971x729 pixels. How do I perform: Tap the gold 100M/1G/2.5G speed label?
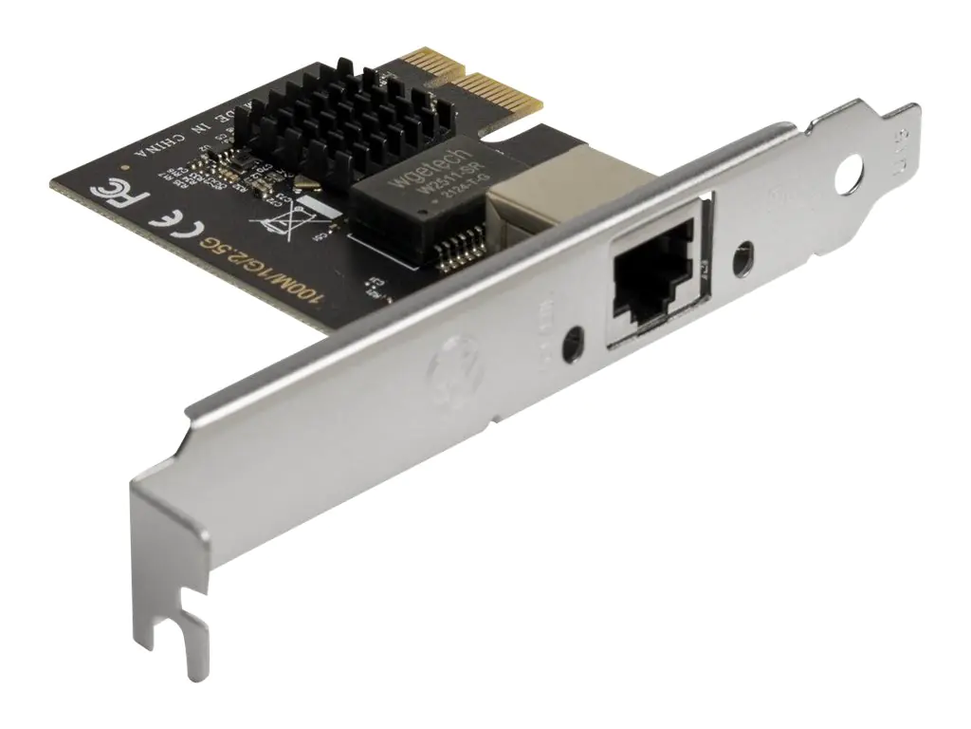[x=266, y=271]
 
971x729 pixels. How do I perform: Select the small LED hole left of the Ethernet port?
[x=572, y=343]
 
